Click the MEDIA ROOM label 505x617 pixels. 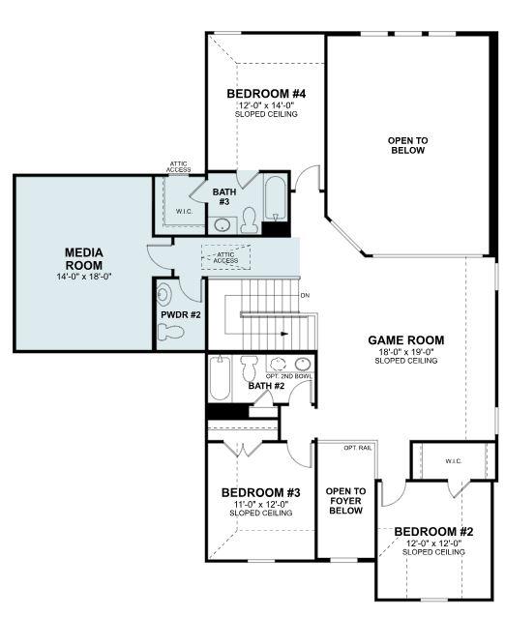coord(83,258)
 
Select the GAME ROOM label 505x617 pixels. coord(405,339)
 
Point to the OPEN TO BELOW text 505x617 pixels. coord(407,145)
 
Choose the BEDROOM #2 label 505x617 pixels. coord(434,531)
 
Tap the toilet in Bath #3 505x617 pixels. coord(249,222)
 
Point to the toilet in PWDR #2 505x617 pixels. coord(171,332)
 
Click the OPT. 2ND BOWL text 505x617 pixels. coord(289,375)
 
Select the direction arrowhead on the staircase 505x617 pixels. coord(284,334)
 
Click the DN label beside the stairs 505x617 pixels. coord(305,295)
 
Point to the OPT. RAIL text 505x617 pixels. coord(358,448)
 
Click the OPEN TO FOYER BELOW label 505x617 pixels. coord(344,500)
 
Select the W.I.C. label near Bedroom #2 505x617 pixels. coord(454,460)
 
